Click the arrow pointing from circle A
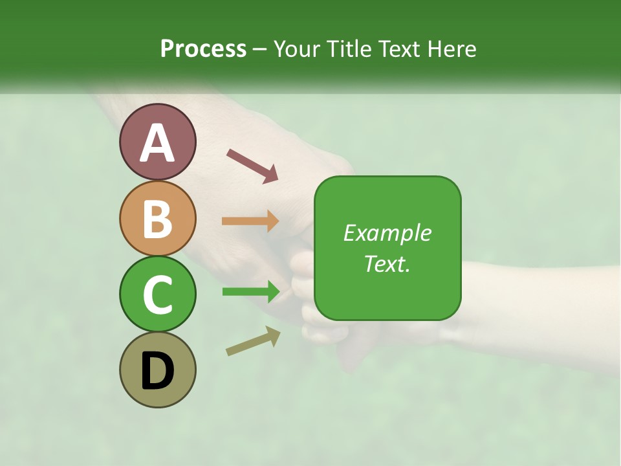click(252, 165)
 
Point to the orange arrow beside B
click(250, 221)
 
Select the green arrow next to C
click(250, 292)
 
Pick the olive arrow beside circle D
click(253, 341)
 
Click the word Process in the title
click(203, 49)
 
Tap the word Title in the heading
click(347, 49)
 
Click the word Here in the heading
click(452, 49)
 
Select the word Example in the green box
click(387, 233)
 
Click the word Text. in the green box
click(387, 263)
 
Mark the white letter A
click(158, 142)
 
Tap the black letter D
click(158, 371)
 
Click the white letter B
click(158, 218)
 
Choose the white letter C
click(158, 294)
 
